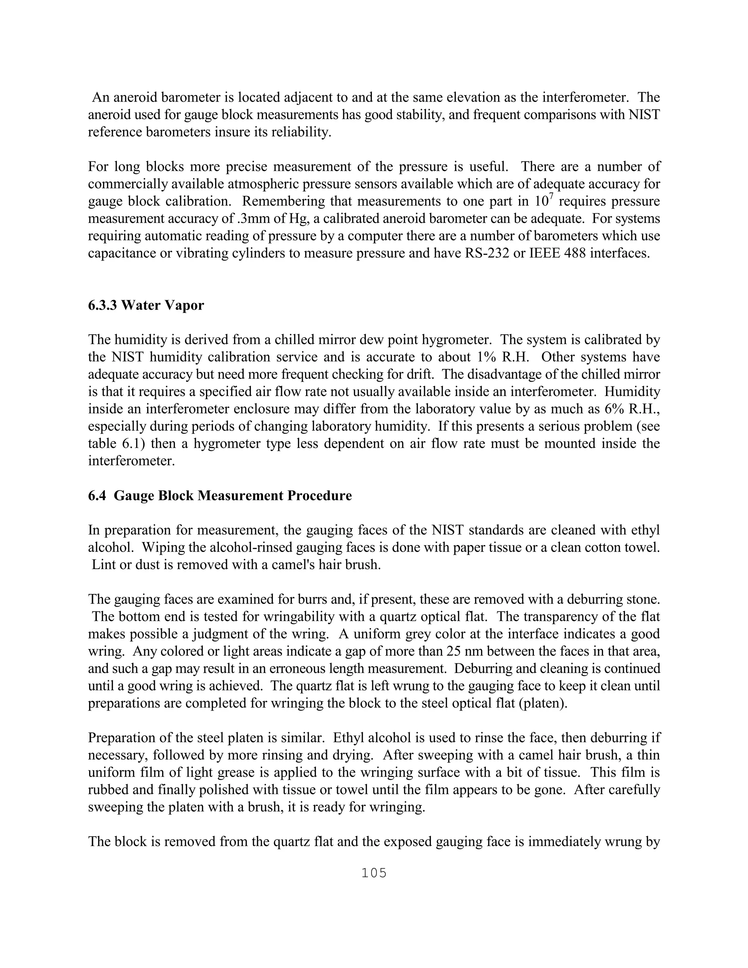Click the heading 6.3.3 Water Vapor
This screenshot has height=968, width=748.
[146, 305]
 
